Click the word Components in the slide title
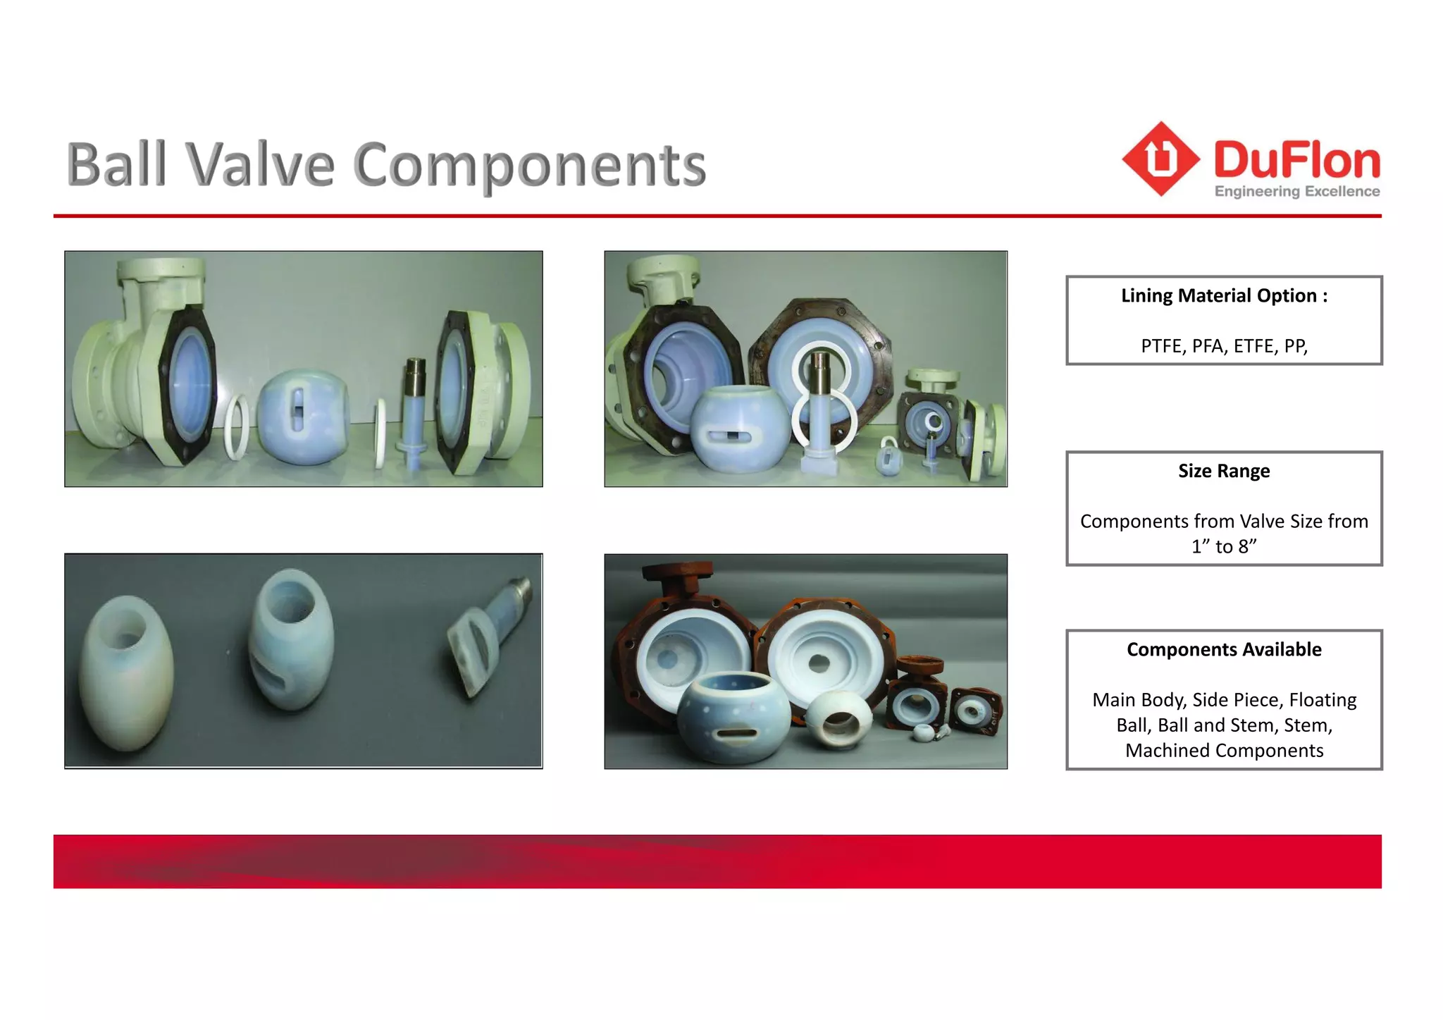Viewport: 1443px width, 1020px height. (x=529, y=166)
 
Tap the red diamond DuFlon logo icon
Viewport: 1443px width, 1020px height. (x=1160, y=159)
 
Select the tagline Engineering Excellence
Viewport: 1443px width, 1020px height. (x=1297, y=192)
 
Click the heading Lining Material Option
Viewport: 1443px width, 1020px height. (x=1224, y=296)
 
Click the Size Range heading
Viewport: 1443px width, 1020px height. (x=1224, y=471)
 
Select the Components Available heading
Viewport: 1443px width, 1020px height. (x=1224, y=649)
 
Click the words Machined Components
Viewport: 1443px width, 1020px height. (x=1224, y=750)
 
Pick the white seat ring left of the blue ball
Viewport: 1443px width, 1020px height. (x=236, y=427)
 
